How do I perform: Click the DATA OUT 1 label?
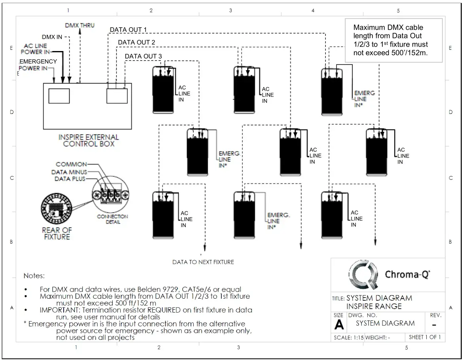coord(129,30)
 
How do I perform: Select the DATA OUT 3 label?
coord(143,57)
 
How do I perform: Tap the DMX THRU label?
coord(80,26)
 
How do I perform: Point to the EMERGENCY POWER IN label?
coord(38,65)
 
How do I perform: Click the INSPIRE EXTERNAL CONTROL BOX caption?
coord(89,140)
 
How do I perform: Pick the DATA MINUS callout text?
coord(69,172)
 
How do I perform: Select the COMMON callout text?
coord(71,164)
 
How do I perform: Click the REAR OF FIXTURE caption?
coord(57,233)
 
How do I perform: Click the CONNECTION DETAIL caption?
coord(112,219)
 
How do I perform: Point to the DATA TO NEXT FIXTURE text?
coord(203,262)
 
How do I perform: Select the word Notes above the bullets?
coord(34,275)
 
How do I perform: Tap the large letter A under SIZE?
coord(339,326)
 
